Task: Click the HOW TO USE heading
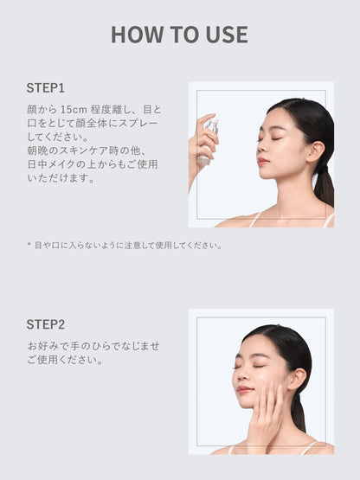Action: click(x=179, y=35)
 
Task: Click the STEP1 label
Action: click(x=46, y=87)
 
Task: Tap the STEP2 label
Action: click(x=46, y=324)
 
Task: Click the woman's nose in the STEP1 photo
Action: click(x=258, y=148)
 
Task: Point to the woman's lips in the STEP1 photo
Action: click(x=261, y=161)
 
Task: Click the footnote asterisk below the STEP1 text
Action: click(x=29, y=245)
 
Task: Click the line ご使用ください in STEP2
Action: click(x=65, y=359)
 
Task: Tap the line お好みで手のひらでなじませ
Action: click(x=93, y=345)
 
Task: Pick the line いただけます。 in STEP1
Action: click(x=61, y=178)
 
